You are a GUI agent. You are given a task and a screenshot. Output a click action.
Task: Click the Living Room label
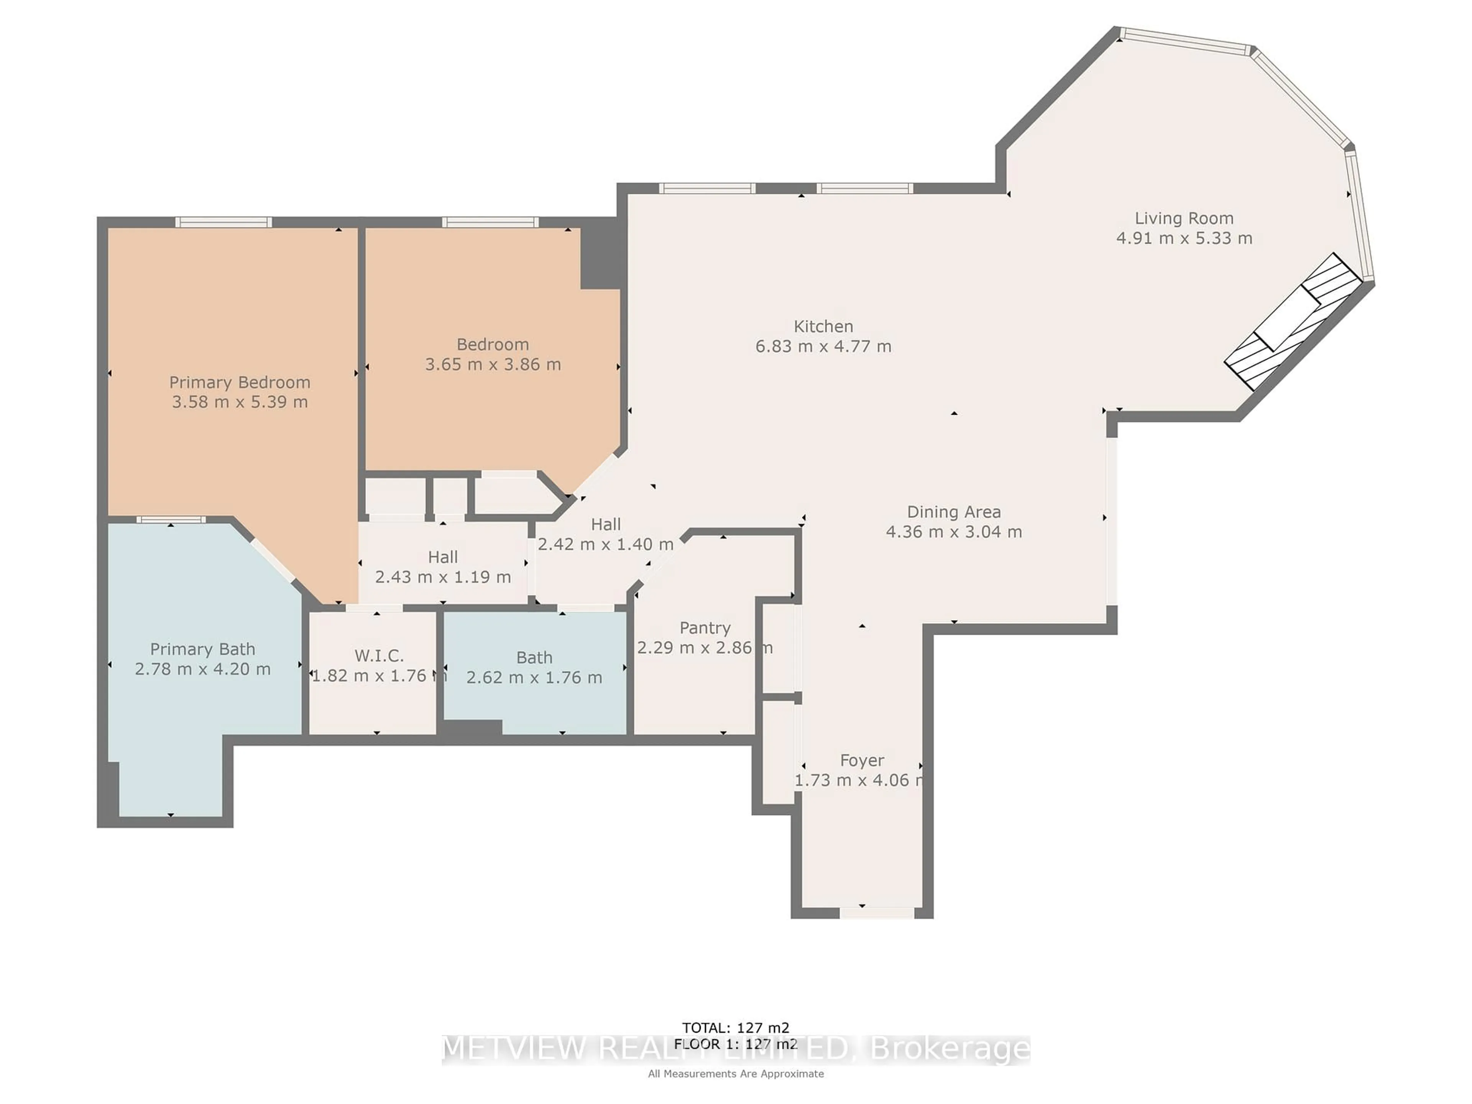(1183, 218)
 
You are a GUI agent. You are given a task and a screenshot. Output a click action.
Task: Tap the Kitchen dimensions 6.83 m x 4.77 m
(823, 347)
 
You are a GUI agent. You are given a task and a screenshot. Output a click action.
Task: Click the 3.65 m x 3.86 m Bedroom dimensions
(493, 365)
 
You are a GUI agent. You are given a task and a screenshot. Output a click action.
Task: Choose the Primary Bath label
(202, 649)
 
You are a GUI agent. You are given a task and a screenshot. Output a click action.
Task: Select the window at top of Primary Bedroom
(223, 222)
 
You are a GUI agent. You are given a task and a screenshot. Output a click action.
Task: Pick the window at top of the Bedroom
(490, 222)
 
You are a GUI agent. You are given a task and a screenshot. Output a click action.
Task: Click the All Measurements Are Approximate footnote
(735, 1073)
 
